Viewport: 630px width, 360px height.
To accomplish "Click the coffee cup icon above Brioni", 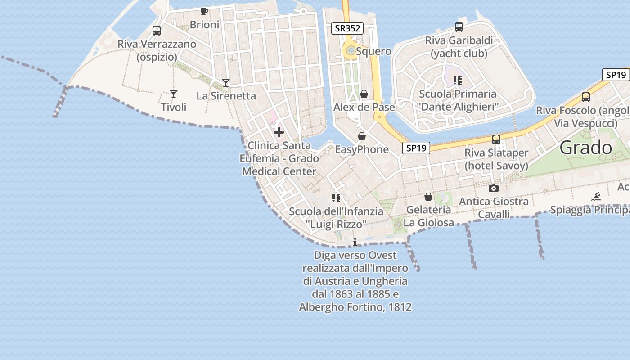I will pos(204,12).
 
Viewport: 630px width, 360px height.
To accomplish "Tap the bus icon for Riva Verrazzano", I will pos(157,31).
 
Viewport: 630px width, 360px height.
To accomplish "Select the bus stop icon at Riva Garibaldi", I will pos(459,27).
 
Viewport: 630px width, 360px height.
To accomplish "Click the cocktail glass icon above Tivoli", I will pos(174,94).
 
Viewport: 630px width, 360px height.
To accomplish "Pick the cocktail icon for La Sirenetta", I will pos(226,83).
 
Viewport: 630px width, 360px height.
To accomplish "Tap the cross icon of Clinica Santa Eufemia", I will pos(279,132).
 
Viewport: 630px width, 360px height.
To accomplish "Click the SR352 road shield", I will pos(347,28).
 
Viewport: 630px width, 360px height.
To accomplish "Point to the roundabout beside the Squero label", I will pos(350,51).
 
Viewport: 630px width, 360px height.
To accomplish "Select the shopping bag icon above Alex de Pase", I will pos(364,94).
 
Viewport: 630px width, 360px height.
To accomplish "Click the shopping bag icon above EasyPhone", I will pos(361,136).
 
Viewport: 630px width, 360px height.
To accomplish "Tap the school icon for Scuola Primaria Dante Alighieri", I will pos(458,81).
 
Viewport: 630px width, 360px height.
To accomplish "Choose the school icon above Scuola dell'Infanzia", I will pos(336,198).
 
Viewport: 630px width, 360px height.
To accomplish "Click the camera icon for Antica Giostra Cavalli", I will pos(494,188).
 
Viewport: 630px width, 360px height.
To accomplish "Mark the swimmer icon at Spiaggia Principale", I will pos(596,197).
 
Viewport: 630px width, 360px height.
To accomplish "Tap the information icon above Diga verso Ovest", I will pos(355,243).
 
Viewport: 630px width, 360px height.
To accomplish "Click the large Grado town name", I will pos(586,148).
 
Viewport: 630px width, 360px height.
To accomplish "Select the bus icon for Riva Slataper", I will pos(496,139).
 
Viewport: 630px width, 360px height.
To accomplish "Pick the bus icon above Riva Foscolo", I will pos(586,97).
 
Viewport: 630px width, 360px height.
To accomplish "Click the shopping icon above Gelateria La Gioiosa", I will pos(428,197).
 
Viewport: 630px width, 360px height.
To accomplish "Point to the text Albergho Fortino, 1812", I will pos(355,307).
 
